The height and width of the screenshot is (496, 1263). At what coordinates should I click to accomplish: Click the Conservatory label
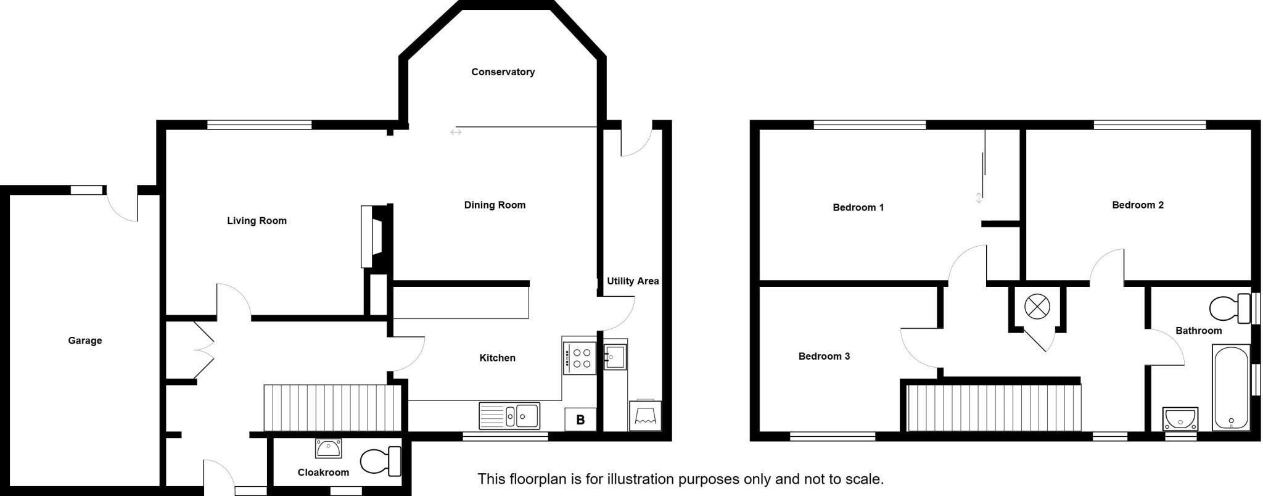point(503,72)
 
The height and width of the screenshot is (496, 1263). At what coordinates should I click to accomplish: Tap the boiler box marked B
point(580,420)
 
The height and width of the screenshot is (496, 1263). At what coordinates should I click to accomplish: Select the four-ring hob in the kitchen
point(580,358)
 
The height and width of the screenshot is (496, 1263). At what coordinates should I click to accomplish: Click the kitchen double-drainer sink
point(509,416)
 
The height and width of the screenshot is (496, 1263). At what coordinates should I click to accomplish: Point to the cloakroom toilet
point(380,461)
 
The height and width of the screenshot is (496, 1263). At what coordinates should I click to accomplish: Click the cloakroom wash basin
point(328,448)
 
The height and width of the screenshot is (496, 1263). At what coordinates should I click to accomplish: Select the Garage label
point(85,341)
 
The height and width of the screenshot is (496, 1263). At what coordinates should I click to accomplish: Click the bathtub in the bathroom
point(1232,387)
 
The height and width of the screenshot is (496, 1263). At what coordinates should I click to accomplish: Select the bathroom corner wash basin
point(1180,420)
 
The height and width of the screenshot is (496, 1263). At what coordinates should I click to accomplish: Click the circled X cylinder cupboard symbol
point(1037,307)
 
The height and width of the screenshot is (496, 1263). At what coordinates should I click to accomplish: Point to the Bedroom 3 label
point(824,357)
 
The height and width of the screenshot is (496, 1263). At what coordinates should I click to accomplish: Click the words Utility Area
point(633,281)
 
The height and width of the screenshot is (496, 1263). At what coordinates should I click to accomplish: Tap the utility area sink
point(615,356)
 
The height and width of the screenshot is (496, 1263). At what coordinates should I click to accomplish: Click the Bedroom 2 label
point(1137,205)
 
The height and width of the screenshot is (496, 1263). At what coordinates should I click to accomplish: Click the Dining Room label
point(495,205)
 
